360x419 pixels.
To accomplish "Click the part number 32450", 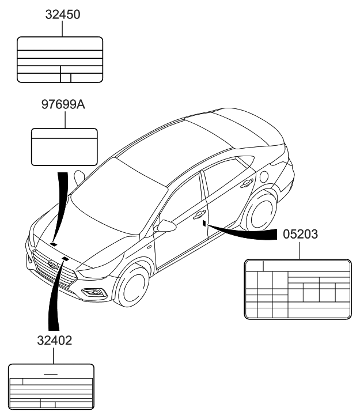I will tap(63, 14).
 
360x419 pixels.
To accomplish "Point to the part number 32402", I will tap(52, 341).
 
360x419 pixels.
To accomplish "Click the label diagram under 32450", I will tap(60, 60).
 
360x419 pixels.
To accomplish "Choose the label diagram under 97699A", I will tap(63, 146).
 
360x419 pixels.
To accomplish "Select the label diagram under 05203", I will tap(297, 289).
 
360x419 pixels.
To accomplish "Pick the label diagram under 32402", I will tap(51, 386).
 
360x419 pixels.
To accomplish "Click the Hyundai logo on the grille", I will tap(54, 265).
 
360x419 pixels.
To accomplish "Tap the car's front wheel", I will tap(136, 287).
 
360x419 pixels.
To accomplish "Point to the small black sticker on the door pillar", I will tap(204, 222).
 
